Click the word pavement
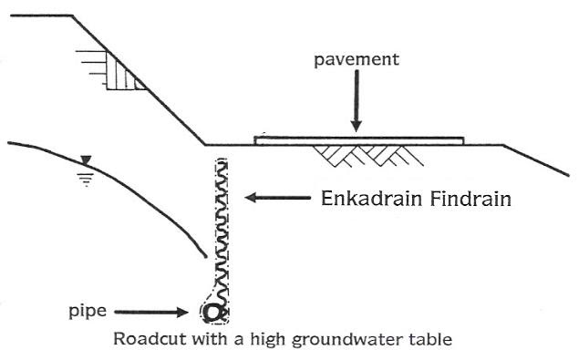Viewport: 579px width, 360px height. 356,60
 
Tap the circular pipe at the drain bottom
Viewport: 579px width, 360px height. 213,312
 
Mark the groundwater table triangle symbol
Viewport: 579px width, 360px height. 86,160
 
